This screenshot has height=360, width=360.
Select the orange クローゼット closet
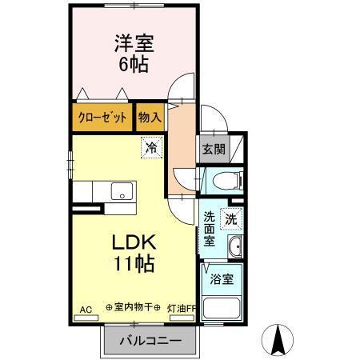[x=102, y=118]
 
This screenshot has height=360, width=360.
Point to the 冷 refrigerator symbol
[x=150, y=146]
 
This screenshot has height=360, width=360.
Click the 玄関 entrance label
[x=212, y=149]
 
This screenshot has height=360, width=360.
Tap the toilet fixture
[x=225, y=181]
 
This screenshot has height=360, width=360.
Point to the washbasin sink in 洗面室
[x=234, y=246]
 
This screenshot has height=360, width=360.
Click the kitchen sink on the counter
[x=122, y=192]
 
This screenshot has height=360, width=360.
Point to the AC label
[x=86, y=307]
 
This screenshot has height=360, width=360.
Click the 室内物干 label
[x=132, y=307]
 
